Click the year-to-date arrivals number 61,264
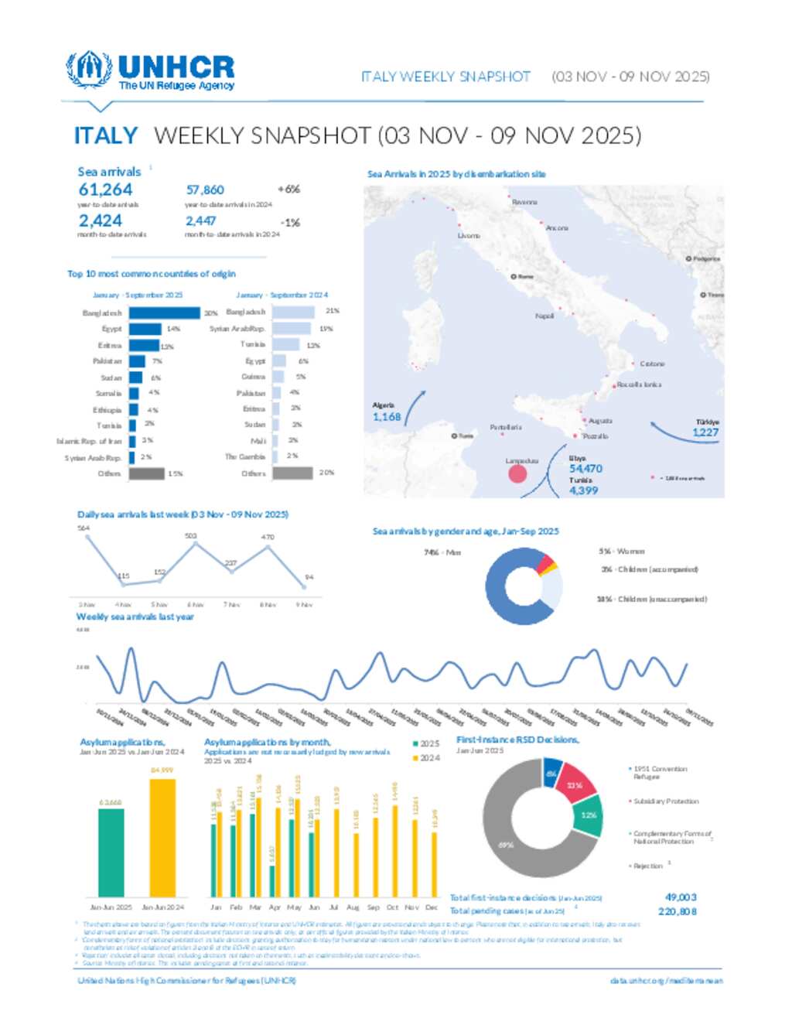click(105, 190)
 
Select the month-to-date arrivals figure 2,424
click(100, 221)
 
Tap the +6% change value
click(288, 190)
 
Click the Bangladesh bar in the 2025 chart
click(164, 313)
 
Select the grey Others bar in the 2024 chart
click(292, 473)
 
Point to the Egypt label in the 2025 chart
click(111, 330)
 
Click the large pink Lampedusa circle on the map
click(517, 474)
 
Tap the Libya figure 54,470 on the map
click(585, 469)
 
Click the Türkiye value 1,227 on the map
click(705, 432)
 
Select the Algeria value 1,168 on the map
click(387, 417)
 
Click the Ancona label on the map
click(557, 228)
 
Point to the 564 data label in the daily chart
click(84, 528)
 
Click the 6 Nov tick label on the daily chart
click(195, 605)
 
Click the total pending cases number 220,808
click(677, 911)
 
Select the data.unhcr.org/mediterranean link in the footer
click(666, 981)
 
